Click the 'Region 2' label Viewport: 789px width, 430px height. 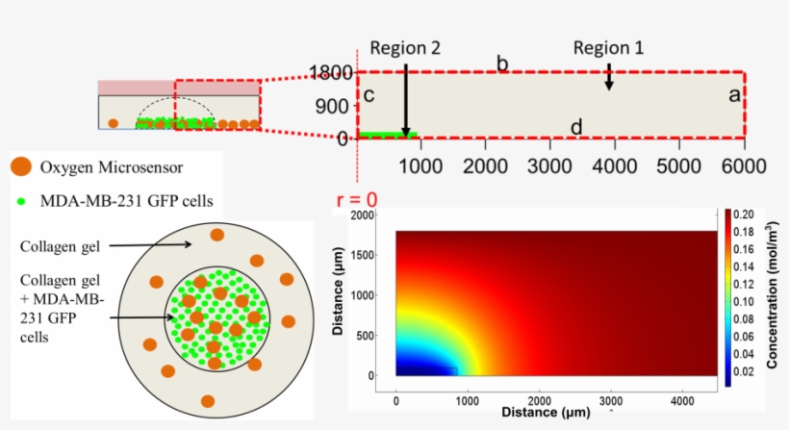[x=405, y=49]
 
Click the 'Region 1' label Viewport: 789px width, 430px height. [x=608, y=47]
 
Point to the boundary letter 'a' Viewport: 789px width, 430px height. [x=733, y=95]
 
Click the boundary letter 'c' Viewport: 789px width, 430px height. [x=369, y=96]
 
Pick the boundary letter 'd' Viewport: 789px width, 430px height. [x=575, y=127]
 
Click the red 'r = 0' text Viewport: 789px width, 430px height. [x=356, y=200]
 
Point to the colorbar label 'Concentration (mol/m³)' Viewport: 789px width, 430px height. [x=773, y=296]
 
